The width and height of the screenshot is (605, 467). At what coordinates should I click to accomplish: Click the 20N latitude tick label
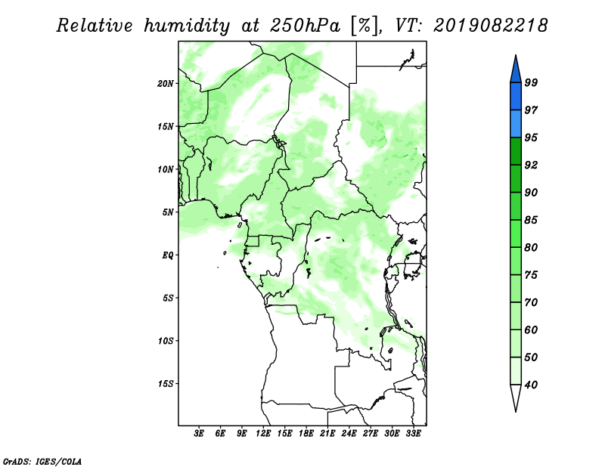click(x=166, y=84)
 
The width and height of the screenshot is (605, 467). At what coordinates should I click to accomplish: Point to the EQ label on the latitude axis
click(x=168, y=255)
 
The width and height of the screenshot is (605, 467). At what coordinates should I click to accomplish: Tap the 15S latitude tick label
click(x=166, y=384)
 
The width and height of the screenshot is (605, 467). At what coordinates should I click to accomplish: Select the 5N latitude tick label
click(x=168, y=212)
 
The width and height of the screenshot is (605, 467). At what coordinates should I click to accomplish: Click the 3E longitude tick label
click(x=199, y=434)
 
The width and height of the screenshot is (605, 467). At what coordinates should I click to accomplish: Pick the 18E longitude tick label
click(x=306, y=434)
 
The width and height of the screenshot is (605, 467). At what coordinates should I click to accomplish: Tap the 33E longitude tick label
click(x=413, y=434)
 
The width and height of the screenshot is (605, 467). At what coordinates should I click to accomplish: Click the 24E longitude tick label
click(x=349, y=434)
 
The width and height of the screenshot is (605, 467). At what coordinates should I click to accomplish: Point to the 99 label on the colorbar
click(x=531, y=82)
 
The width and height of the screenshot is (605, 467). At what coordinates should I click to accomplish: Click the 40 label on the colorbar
click(x=531, y=385)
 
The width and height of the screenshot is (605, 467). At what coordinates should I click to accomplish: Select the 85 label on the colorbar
click(x=531, y=220)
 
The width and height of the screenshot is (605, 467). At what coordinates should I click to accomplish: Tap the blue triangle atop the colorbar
click(x=516, y=69)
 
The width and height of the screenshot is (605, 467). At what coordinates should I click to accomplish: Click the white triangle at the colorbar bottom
click(x=516, y=398)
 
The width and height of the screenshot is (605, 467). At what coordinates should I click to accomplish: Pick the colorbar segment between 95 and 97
click(x=516, y=124)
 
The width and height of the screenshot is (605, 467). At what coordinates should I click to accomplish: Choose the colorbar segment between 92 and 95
click(x=516, y=151)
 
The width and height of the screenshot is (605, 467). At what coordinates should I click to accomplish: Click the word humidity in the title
click(x=187, y=26)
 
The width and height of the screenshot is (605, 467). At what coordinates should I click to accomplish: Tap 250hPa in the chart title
click(x=305, y=26)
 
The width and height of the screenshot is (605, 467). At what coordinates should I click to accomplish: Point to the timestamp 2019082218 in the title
click(x=490, y=26)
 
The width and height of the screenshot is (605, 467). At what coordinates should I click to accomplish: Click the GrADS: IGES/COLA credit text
click(x=42, y=461)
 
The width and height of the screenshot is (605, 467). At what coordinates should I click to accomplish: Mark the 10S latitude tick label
click(x=166, y=341)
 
